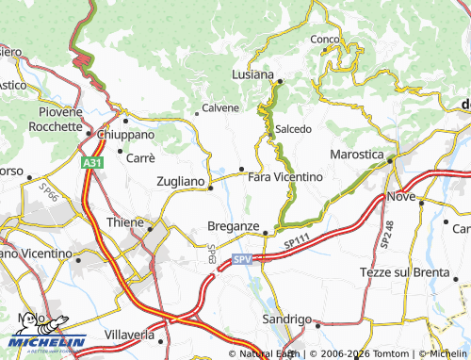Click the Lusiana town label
(x=253, y=74)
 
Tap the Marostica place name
(x=356, y=154)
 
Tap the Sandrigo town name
(x=286, y=319)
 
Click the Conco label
(x=325, y=39)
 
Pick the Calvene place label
(x=220, y=107)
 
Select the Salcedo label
(x=293, y=128)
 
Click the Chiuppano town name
(x=127, y=134)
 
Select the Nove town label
(x=400, y=196)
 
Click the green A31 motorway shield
(x=90, y=163)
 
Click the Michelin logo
(x=47, y=333)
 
